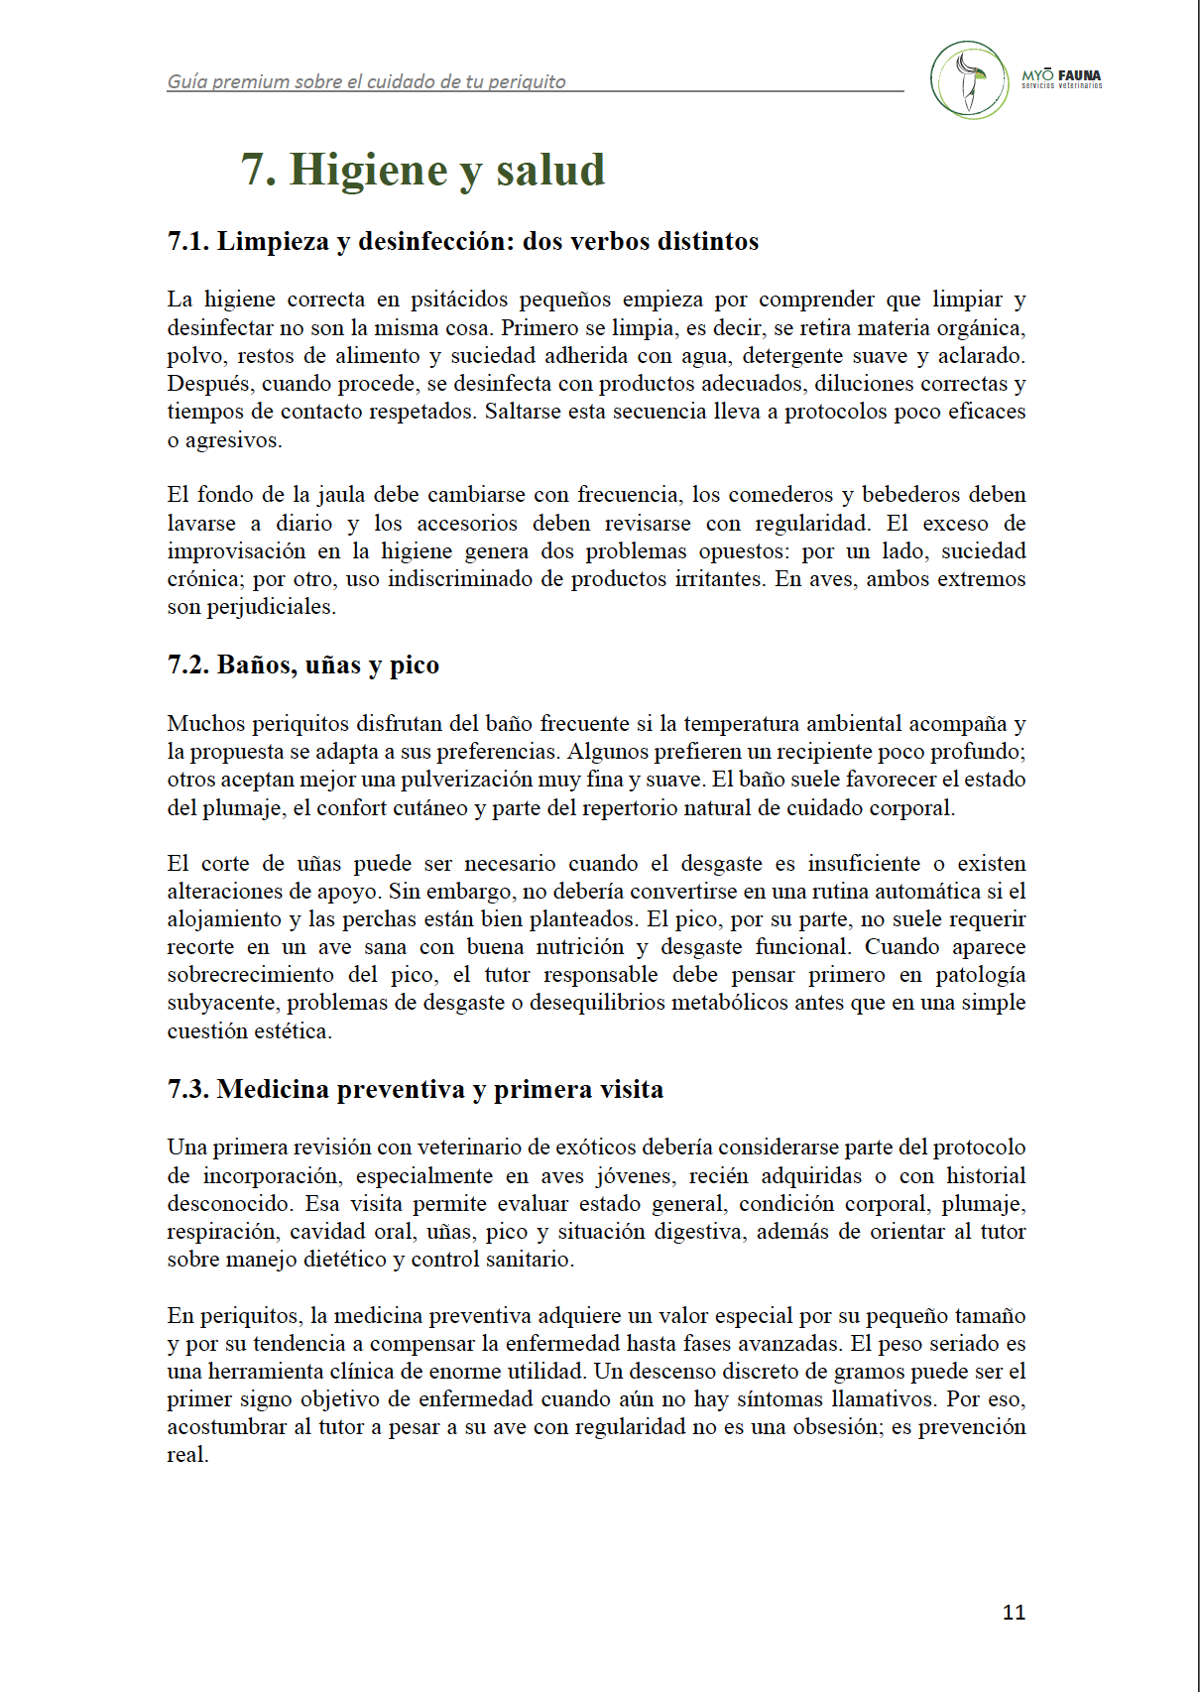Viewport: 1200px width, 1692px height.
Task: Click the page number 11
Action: (x=1014, y=1612)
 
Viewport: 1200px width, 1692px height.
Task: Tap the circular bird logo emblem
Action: (x=969, y=80)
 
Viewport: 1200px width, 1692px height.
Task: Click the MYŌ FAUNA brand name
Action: (x=1061, y=75)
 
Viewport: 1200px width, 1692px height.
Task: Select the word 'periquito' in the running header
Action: (x=526, y=82)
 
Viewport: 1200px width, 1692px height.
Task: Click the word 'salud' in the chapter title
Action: (x=550, y=170)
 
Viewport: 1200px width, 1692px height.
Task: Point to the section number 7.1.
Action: (x=188, y=241)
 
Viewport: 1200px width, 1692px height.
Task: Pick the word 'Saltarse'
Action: (x=522, y=411)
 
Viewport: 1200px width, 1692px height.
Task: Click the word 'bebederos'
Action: (x=910, y=494)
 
